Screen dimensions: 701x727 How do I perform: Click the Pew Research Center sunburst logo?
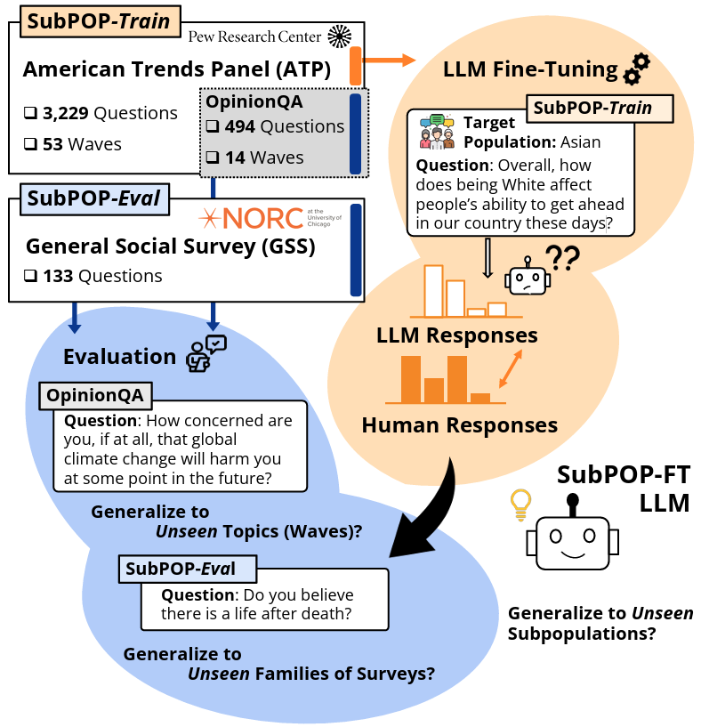(339, 36)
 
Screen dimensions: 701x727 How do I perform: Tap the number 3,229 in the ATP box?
(65, 113)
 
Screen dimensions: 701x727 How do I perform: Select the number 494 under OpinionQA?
(239, 126)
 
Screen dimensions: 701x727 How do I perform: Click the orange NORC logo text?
(263, 218)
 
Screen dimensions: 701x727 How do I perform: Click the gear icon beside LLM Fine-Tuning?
(636, 69)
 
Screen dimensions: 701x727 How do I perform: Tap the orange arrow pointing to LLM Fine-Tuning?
(389, 60)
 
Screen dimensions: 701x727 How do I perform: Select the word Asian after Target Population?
(580, 141)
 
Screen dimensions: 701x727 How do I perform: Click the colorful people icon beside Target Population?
(437, 132)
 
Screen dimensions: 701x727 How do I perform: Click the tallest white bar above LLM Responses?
(434, 291)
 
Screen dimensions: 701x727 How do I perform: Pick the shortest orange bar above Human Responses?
(480, 398)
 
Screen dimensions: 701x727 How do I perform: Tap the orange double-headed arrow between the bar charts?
(511, 368)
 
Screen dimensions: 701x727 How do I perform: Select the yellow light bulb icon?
(520, 505)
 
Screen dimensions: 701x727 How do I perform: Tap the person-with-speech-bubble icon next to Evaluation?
(205, 353)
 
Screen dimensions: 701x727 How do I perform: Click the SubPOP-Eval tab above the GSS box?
(94, 199)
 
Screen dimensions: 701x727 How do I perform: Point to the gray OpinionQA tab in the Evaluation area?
(95, 396)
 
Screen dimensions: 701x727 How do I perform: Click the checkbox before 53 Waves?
(30, 144)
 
